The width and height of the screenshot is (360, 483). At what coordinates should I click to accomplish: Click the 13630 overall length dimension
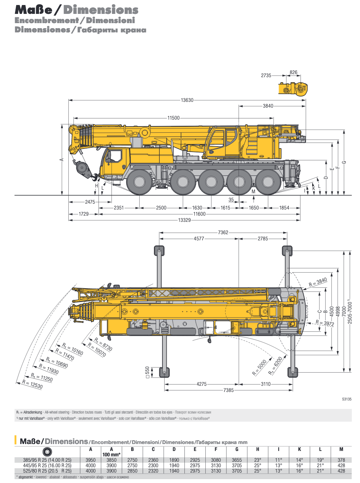point(187,100)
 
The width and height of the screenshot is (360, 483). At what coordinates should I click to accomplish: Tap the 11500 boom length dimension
point(174,118)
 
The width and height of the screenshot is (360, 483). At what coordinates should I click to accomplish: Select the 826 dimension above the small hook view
point(294,73)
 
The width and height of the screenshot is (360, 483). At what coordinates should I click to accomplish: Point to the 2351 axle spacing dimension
point(119,208)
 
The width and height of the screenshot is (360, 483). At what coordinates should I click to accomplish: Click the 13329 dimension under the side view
point(184,220)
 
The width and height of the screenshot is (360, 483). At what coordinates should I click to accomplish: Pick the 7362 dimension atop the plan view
point(223,233)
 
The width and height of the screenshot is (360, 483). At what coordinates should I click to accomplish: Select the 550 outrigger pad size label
point(147,372)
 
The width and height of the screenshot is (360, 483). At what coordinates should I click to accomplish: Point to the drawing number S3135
point(346,400)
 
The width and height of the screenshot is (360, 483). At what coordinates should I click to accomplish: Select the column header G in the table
point(237,449)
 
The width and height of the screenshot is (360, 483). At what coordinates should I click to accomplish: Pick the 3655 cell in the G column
point(237,460)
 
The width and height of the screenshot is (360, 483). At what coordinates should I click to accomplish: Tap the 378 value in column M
point(341,460)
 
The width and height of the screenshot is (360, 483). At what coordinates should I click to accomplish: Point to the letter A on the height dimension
point(61,159)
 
